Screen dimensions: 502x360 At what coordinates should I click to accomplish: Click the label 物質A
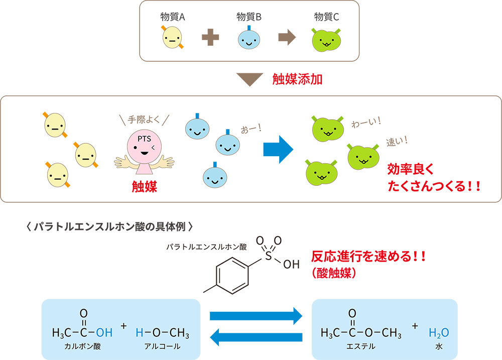(x=173, y=17)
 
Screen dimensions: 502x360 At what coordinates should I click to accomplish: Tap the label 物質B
(x=249, y=17)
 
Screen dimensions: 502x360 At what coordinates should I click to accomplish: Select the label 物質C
(x=326, y=17)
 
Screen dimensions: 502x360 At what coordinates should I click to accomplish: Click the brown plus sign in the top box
(x=210, y=38)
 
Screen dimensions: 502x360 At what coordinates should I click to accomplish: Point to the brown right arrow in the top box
(x=287, y=38)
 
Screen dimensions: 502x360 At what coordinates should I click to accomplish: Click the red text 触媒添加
(x=297, y=79)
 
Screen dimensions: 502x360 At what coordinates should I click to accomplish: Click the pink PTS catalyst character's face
(x=144, y=146)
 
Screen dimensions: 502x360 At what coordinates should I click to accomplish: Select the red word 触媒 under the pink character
(x=145, y=186)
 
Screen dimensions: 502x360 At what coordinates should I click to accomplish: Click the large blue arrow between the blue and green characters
(x=278, y=150)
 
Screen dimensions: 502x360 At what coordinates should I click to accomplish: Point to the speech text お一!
(x=251, y=129)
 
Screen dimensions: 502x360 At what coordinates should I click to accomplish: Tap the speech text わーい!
(x=366, y=123)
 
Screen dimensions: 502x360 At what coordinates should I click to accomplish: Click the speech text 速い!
(x=397, y=141)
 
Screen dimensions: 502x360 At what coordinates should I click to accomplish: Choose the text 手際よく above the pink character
(x=144, y=120)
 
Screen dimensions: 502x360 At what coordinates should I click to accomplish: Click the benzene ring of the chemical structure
(x=232, y=276)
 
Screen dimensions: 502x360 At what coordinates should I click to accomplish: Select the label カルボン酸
(x=83, y=346)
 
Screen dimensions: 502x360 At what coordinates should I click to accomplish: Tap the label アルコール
(x=162, y=346)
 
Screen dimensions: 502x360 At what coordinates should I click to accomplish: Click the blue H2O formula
(x=439, y=333)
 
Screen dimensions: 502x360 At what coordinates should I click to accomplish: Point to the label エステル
(x=361, y=346)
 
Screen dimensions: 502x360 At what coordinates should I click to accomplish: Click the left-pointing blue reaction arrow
(x=256, y=337)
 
